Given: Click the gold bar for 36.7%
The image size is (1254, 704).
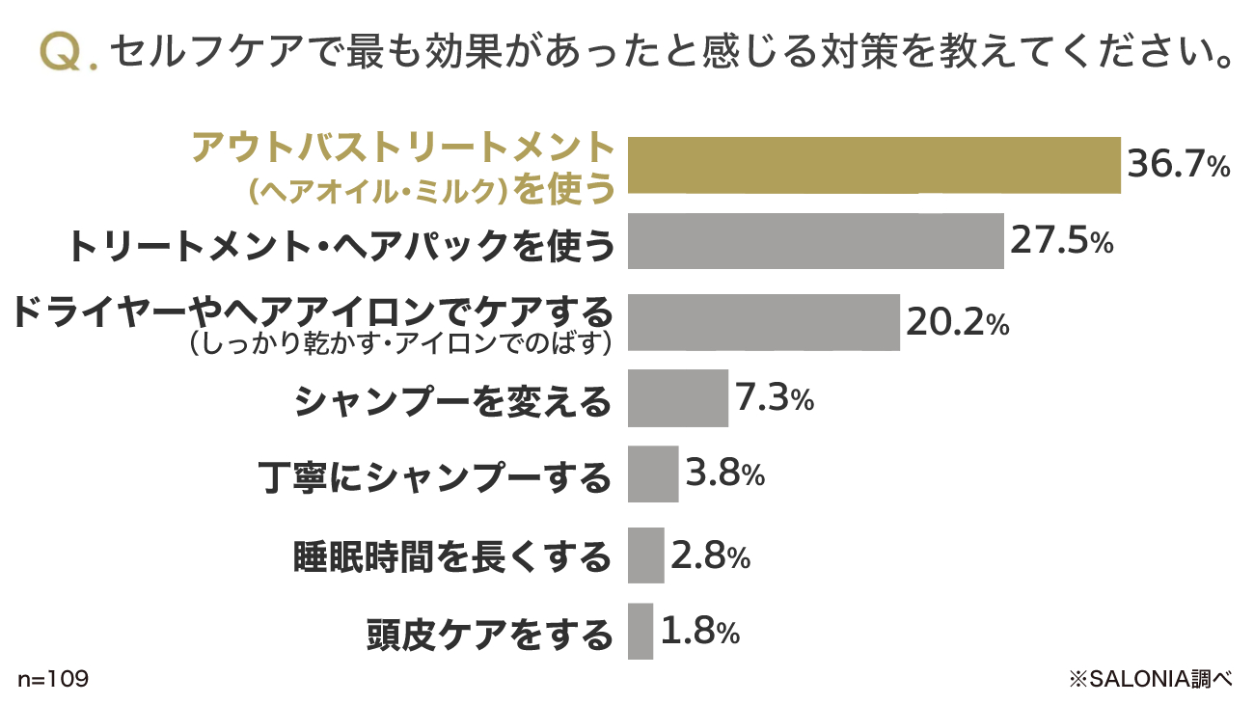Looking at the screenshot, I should click(x=874, y=166).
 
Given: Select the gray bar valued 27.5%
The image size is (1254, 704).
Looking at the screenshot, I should click(x=815, y=241).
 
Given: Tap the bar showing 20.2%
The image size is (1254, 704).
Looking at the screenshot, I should click(x=763, y=322).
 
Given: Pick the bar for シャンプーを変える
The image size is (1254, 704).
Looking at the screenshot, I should click(x=677, y=397).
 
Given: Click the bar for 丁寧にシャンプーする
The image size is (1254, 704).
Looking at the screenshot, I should click(x=652, y=474).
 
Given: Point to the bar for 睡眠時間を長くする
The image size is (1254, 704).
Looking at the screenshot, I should click(x=645, y=555).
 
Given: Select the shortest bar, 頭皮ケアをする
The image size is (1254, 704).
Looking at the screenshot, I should click(x=640, y=632).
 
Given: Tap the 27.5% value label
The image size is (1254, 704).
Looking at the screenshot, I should click(x=1061, y=241).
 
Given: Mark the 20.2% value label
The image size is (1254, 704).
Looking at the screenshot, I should click(x=957, y=322).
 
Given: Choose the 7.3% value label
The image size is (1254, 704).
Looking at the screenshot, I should click(x=774, y=397).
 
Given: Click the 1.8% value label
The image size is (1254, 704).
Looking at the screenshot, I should click(x=700, y=632).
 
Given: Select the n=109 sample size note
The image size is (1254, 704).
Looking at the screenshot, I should click(x=53, y=679).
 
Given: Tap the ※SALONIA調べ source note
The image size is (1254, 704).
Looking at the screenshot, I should click(x=1151, y=679).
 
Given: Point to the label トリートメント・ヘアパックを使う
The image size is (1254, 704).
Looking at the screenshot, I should click(x=341, y=247).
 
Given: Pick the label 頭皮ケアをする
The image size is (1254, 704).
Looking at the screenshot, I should click(x=489, y=635).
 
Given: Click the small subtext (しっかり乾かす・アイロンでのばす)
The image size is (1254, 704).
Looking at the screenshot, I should click(x=400, y=342).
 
